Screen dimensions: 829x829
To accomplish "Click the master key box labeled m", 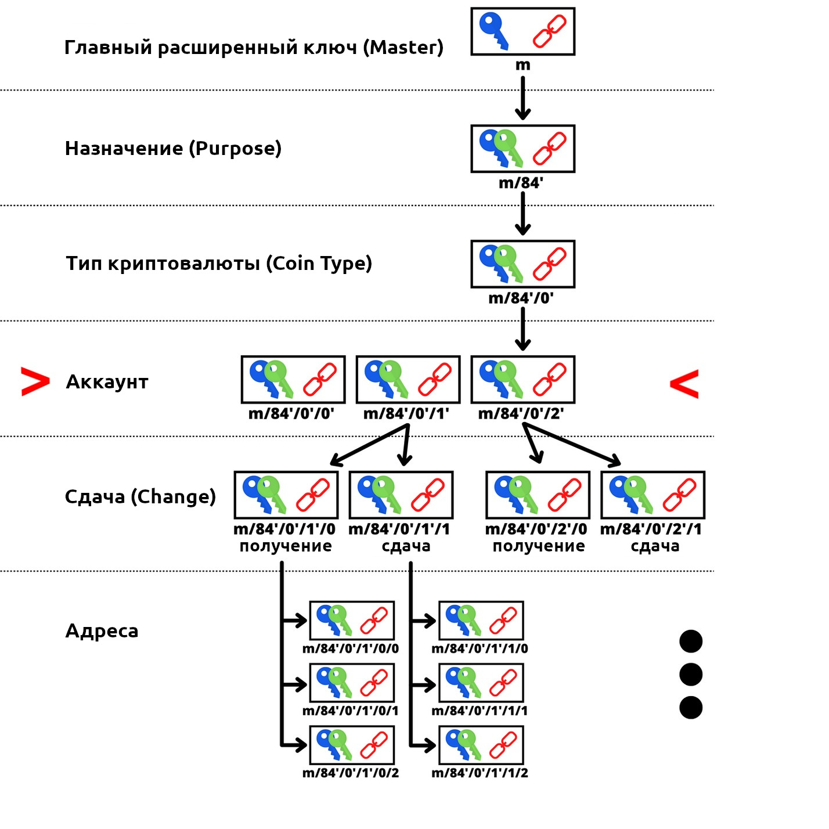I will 522,31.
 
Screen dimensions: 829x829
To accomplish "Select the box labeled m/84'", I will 522,149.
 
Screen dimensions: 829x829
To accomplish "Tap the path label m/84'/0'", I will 521,298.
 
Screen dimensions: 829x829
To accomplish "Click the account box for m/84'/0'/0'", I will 293,380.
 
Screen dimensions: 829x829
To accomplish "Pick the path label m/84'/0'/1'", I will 406,414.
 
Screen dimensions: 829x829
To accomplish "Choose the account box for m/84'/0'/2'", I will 522,380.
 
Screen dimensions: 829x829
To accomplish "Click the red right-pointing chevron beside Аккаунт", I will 35,381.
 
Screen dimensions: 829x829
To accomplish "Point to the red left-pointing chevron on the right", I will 684,384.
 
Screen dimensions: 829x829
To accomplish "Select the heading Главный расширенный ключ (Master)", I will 254,47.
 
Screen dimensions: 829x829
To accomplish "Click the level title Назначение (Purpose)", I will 173,149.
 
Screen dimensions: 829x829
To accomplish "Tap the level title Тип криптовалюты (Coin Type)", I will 219,264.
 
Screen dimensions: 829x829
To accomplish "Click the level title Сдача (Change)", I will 140,497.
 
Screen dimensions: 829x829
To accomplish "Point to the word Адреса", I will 102,631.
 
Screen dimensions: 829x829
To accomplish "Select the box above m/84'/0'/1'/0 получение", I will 286,495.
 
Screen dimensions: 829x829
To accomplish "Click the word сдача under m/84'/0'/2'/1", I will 655,546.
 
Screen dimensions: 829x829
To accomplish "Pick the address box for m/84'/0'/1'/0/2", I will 352,745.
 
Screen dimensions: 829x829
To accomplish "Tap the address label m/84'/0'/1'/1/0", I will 480,648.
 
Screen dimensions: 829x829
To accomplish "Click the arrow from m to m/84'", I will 522,98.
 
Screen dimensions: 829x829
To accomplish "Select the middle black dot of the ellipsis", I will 691,675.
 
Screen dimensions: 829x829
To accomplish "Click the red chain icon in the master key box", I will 549,31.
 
